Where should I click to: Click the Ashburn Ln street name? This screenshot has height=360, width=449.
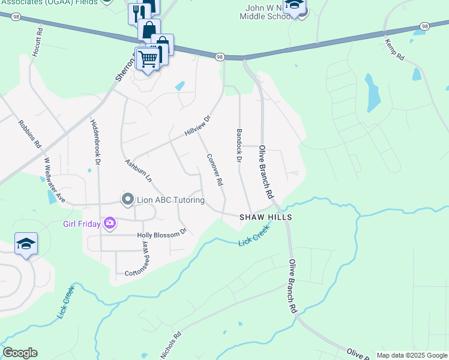pyautogui.click(x=138, y=170)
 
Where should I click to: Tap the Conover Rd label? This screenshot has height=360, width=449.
pyautogui.click(x=215, y=169)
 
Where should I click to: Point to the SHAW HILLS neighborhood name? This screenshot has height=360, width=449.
pyautogui.click(x=265, y=217)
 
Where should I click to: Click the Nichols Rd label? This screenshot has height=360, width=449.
pyautogui.click(x=170, y=346)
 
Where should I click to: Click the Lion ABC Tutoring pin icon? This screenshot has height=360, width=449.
pyautogui.click(x=127, y=199)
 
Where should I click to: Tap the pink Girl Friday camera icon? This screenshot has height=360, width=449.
pyautogui.click(x=109, y=224)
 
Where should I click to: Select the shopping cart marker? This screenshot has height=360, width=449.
pyautogui.click(x=147, y=58)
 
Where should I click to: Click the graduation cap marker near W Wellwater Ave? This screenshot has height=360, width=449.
pyautogui.click(x=26, y=243)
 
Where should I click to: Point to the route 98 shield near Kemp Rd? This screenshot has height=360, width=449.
pyautogui.click(x=425, y=26)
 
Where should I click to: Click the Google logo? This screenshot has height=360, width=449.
pyautogui.click(x=20, y=353)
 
